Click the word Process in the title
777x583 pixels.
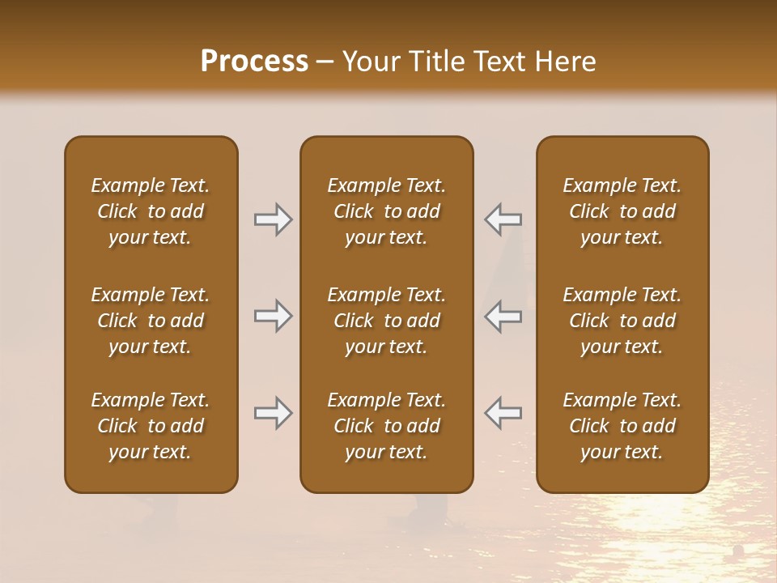(x=254, y=62)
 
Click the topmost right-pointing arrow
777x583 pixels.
(x=273, y=219)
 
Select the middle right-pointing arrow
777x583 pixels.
(x=273, y=316)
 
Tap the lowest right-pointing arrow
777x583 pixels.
(x=273, y=412)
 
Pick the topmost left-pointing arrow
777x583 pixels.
(x=503, y=219)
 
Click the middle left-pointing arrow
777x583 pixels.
(x=503, y=316)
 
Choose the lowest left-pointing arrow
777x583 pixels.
(x=503, y=412)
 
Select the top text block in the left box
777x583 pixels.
(x=151, y=211)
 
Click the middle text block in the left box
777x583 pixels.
(x=151, y=321)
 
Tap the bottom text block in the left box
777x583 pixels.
(x=151, y=426)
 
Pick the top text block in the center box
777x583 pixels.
(x=387, y=211)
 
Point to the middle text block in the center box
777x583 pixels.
(x=387, y=321)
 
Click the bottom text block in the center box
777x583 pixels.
(x=387, y=426)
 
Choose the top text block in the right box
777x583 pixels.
(x=622, y=211)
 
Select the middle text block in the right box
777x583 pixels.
(x=622, y=321)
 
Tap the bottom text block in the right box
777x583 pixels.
(x=622, y=426)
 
